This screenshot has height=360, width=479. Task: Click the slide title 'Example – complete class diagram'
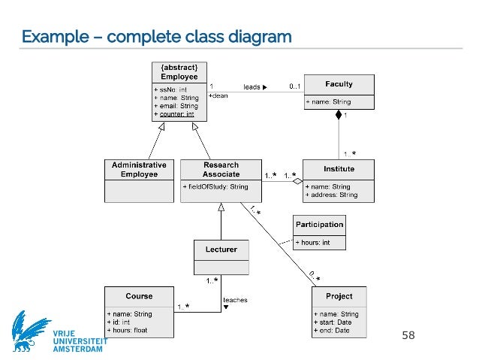[x=155, y=36]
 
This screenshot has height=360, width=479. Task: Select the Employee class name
[x=179, y=77]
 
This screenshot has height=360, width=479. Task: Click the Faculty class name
[x=339, y=84]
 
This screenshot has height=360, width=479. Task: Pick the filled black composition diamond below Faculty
[x=339, y=115]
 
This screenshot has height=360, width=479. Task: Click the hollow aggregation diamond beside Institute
[x=297, y=181]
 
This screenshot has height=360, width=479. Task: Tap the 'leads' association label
[x=252, y=87]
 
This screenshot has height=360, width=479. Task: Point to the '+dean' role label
[x=218, y=95]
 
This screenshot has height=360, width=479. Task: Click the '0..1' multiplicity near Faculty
[x=297, y=87]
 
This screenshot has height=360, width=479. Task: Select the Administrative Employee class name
[x=139, y=169]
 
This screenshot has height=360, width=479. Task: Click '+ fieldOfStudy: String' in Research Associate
[x=215, y=186]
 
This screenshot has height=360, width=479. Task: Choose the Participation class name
[x=319, y=224]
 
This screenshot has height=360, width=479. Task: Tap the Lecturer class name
[x=221, y=249]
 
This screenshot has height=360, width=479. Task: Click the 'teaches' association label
[x=235, y=300]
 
